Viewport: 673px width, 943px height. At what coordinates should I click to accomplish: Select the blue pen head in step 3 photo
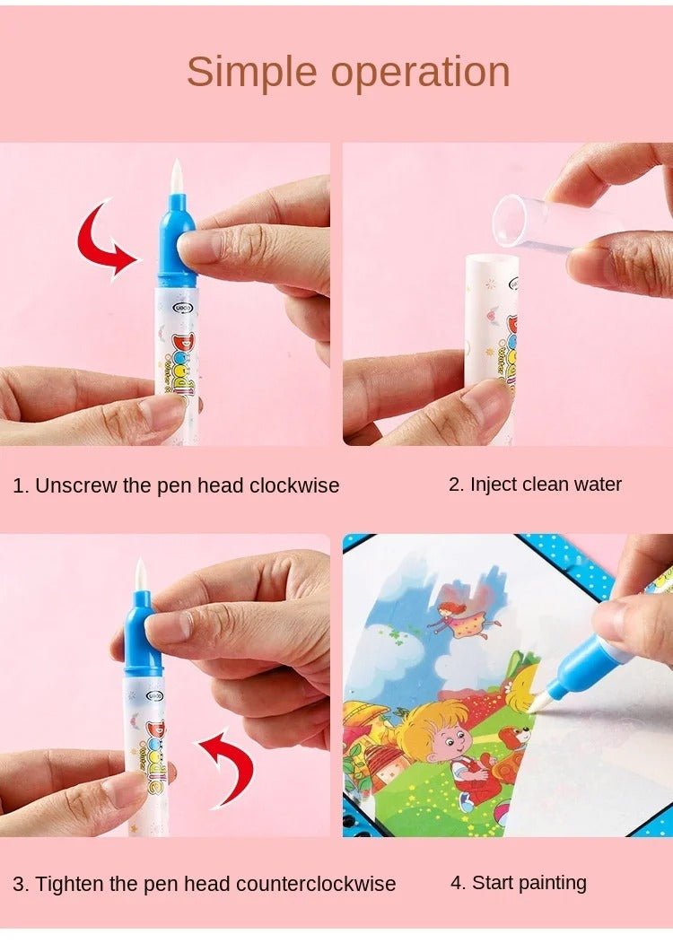click(x=143, y=636)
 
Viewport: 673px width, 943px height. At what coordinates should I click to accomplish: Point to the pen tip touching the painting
click(x=538, y=706)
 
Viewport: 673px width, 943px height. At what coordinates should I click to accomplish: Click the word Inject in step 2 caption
click(x=494, y=485)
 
